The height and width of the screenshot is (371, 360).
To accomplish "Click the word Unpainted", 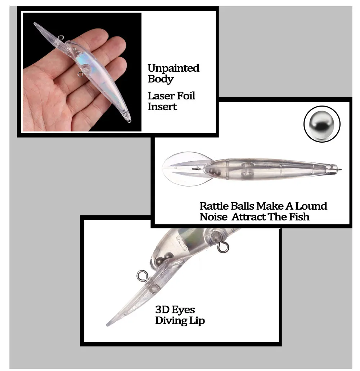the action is pos(174,68).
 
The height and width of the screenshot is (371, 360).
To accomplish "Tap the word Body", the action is pos(161,79).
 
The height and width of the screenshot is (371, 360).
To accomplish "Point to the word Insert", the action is pos(162,107).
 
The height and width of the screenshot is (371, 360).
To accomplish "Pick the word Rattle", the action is pos(214,206).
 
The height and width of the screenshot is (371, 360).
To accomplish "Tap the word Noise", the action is pos(213,217).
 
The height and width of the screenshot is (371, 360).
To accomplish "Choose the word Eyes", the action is pos(183,310).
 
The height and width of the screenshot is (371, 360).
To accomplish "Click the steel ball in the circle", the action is pos(322,124).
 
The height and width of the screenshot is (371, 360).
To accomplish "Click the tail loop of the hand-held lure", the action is pos(129,121).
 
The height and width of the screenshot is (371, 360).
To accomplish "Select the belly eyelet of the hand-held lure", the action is pos(80,75).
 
